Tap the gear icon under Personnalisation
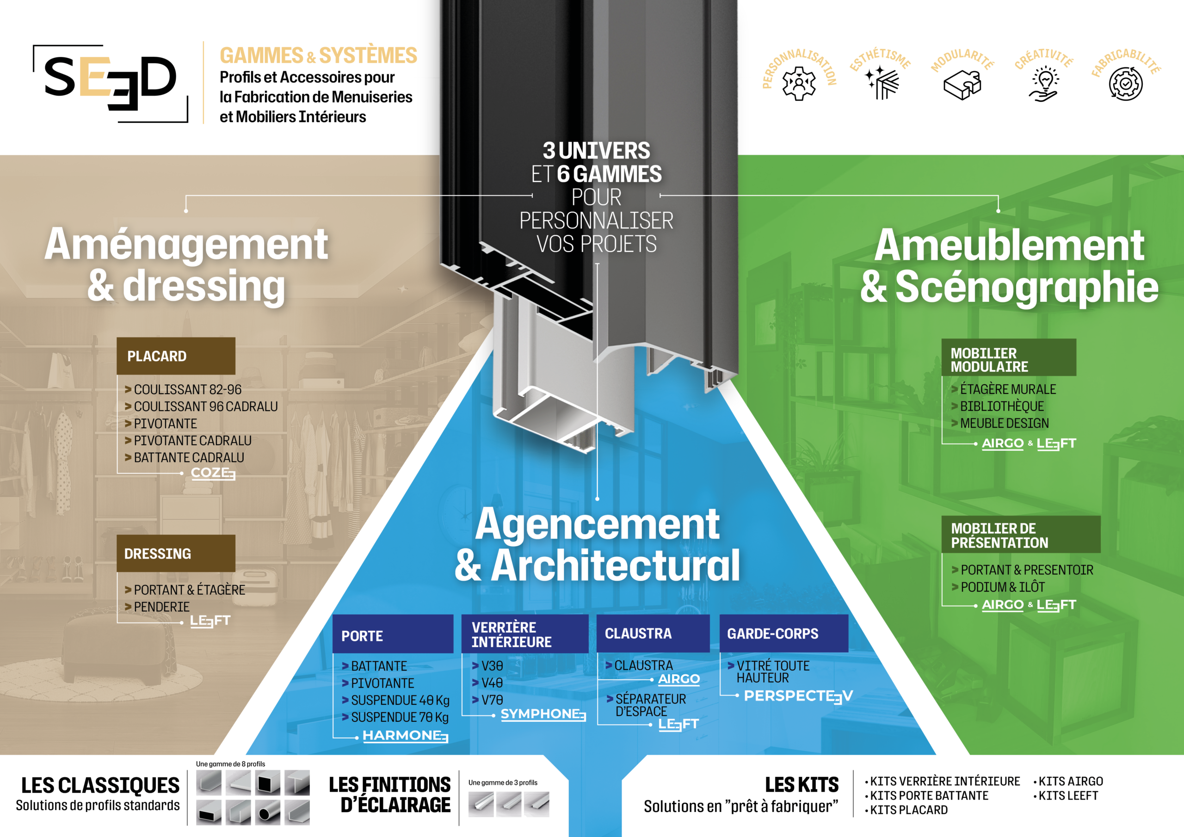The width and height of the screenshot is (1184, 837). click(x=799, y=83)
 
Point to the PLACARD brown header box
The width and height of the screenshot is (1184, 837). click(x=176, y=356)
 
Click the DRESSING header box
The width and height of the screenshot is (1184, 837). click(x=176, y=554)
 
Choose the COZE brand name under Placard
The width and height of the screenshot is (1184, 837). click(x=213, y=473)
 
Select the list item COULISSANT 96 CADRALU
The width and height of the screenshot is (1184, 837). click(x=205, y=406)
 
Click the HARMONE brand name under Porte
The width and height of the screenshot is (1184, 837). click(x=405, y=735)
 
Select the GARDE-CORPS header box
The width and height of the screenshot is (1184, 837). click(x=783, y=633)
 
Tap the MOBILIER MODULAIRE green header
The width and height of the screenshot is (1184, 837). click(x=1008, y=359)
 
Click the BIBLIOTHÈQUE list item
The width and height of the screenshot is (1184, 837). click(x=1001, y=406)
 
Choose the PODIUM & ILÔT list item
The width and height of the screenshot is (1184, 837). click(x=1003, y=587)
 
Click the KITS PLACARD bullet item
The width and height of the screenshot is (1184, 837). click(x=909, y=810)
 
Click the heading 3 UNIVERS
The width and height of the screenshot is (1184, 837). click(x=596, y=151)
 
